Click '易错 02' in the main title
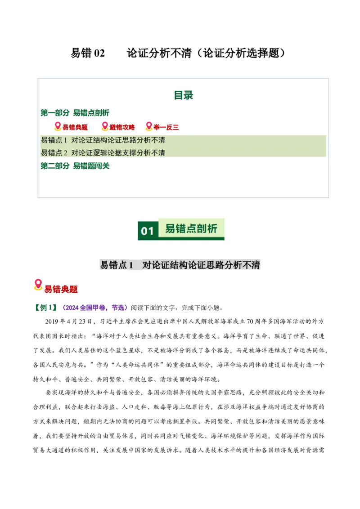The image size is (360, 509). point(88,53)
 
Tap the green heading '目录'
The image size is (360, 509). point(183,95)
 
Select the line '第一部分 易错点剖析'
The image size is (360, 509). point(75,113)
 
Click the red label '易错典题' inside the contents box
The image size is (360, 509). point(75,127)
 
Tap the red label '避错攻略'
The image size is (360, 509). point(122,127)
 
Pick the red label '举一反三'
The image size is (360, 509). point(166,127)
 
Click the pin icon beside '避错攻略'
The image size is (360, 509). point(104,126)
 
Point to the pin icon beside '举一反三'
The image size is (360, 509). point(149,126)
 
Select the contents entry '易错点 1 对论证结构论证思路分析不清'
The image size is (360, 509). point(103,140)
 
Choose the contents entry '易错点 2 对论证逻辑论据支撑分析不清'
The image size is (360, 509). point(103,152)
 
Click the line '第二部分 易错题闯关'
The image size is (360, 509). point(75,166)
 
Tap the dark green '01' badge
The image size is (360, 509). point(148,231)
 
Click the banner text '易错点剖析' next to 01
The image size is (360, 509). point(191,228)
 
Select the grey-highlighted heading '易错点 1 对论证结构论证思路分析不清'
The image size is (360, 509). point(180,265)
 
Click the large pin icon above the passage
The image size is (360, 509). point(38,285)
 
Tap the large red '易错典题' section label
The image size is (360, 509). point(61,289)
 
